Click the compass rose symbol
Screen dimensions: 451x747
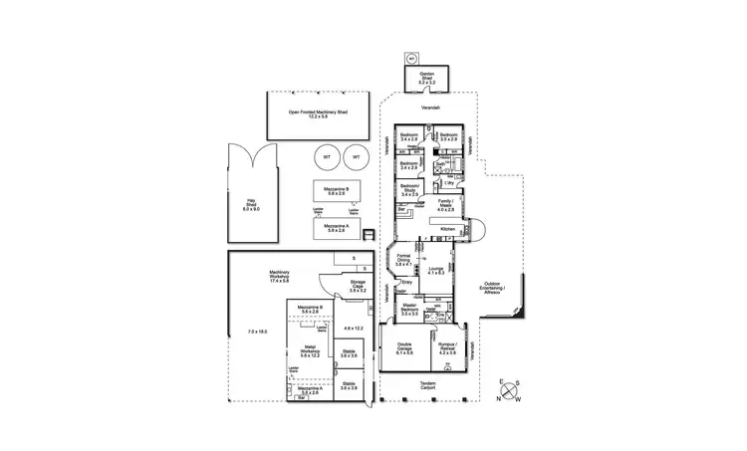(x=510, y=390)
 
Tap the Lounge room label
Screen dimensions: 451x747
(x=434, y=271)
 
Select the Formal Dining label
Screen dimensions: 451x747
(x=402, y=262)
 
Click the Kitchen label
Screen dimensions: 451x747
(x=447, y=229)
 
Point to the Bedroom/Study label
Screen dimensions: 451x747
(x=409, y=189)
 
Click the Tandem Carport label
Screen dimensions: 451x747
(x=428, y=386)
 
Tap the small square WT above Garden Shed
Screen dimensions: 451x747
(x=410, y=58)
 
